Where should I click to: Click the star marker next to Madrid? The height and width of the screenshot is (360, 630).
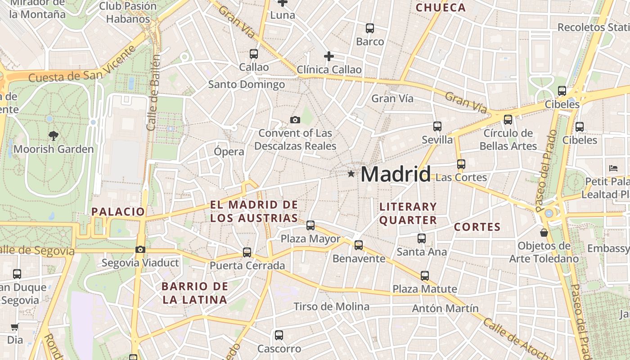point(351,174)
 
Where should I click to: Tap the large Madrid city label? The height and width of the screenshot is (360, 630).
point(396,174)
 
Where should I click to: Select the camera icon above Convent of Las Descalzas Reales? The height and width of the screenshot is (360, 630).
point(295,120)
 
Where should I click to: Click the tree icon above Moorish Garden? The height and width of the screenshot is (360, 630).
point(53,135)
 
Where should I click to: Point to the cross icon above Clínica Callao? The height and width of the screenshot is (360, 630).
point(329,56)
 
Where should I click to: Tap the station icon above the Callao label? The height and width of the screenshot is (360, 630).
point(254,54)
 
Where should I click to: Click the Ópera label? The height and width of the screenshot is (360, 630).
point(229,152)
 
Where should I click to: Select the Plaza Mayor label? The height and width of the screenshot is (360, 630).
point(310,239)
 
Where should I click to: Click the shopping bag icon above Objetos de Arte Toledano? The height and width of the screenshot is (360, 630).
point(544,233)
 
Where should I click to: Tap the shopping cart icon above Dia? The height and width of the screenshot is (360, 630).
point(14,327)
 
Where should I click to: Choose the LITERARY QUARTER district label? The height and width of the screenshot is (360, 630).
point(408,213)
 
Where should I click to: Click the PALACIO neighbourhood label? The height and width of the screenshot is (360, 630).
point(118,211)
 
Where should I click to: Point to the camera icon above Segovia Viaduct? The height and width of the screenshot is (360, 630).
point(140,249)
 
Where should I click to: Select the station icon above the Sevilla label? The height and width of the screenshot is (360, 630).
point(437,126)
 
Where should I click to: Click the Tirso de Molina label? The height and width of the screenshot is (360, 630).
point(331,307)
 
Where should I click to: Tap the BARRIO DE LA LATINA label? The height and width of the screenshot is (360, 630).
point(195,293)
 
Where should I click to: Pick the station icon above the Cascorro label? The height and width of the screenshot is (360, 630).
point(279,335)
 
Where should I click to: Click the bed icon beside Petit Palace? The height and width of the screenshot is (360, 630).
point(613,168)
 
